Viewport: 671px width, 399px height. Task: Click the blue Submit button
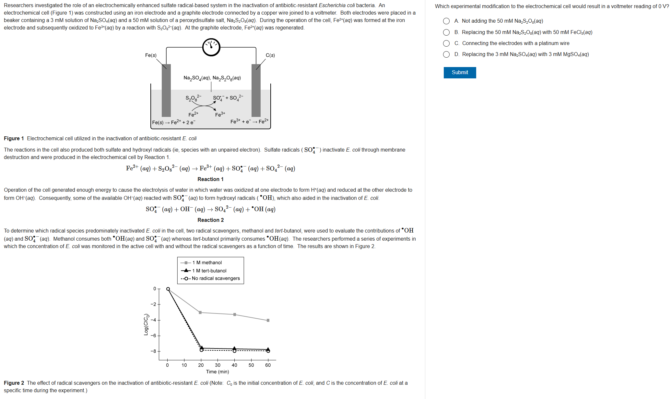click(x=460, y=73)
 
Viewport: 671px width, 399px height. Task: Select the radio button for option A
click(x=446, y=21)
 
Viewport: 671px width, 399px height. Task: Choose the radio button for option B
click(x=446, y=32)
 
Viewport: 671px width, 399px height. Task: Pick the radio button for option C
click(x=446, y=43)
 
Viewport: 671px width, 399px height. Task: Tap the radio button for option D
click(x=446, y=54)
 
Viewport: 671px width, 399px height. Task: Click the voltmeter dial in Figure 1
click(x=211, y=47)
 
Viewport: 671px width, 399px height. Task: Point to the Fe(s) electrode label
click(x=151, y=55)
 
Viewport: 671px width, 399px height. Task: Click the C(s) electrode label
click(x=270, y=55)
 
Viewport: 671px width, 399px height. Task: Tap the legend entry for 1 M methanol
click(x=207, y=263)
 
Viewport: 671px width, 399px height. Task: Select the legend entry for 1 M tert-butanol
click(x=209, y=271)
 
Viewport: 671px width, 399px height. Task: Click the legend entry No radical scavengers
click(x=216, y=279)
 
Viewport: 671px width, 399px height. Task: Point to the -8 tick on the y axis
click(x=153, y=351)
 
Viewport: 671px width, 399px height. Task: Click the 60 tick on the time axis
click(x=268, y=365)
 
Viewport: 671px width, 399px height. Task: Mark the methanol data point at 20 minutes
click(x=200, y=313)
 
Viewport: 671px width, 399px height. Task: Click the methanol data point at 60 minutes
click(x=268, y=320)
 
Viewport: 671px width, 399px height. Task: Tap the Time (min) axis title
click(x=218, y=372)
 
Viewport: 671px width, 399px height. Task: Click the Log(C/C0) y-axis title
click(x=146, y=325)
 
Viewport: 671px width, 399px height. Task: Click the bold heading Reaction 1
click(x=210, y=179)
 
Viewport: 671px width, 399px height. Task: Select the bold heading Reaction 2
click(x=210, y=220)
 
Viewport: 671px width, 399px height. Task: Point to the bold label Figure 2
click(x=14, y=383)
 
